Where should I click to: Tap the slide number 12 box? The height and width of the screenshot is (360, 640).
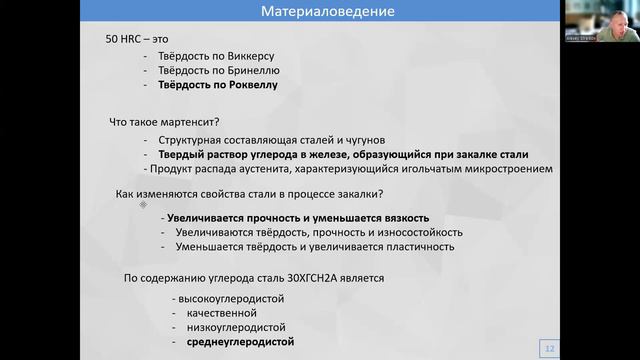click(x=548, y=347)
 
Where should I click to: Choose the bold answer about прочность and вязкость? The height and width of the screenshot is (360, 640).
click(x=298, y=217)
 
